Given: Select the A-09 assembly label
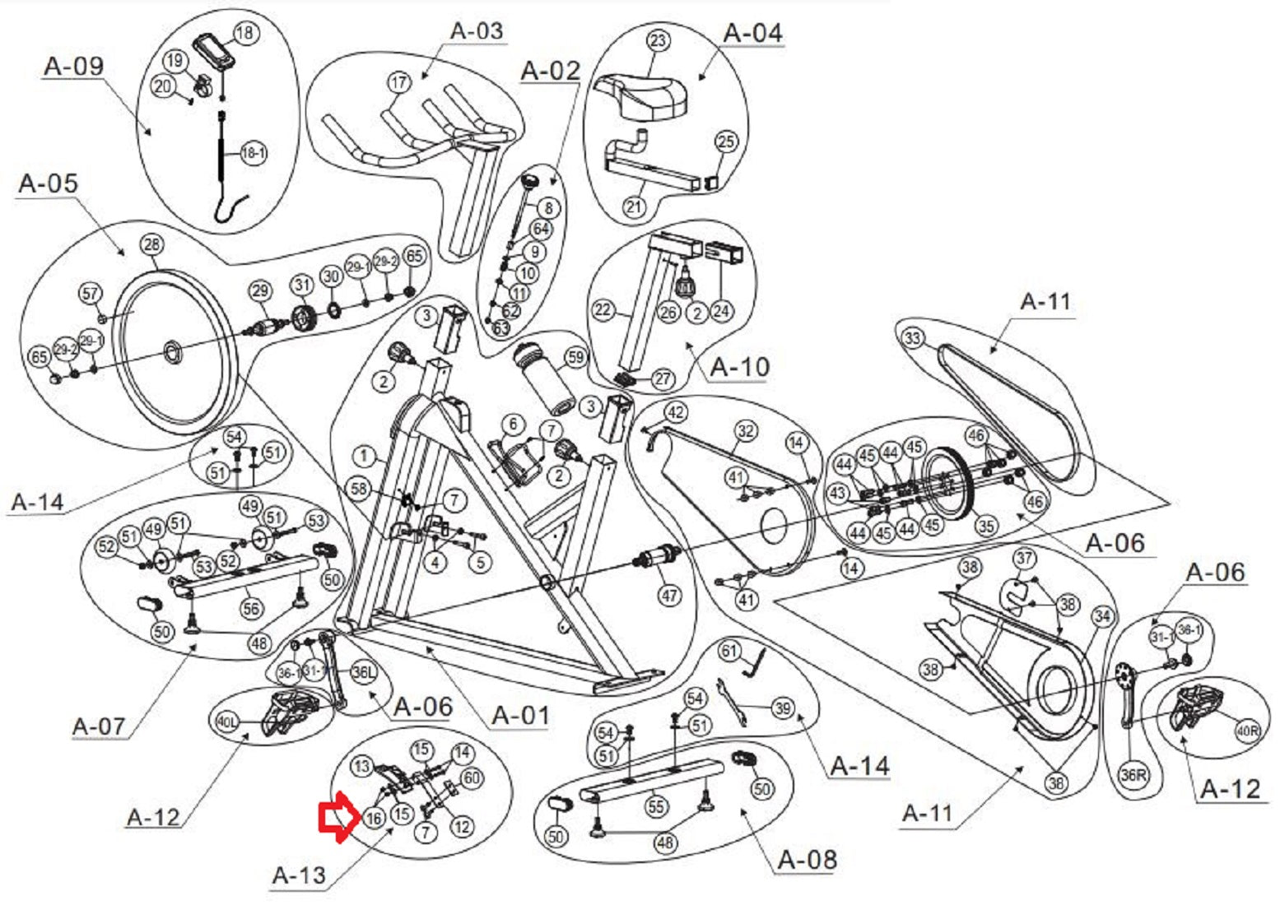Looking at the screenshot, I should point(73,66).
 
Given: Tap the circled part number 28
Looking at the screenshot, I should point(151,244).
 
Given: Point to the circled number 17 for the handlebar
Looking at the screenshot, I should point(399,83).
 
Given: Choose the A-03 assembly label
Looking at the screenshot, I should point(477,31).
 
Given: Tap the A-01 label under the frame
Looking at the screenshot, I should point(519,715).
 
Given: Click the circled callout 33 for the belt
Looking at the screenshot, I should point(912,338).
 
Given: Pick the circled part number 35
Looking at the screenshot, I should point(985,526).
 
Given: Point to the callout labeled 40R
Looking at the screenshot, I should point(1248,731).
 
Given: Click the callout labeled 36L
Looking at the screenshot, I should point(363,672).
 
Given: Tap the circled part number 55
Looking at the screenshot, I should point(656,806).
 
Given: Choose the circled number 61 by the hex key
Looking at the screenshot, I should point(729,652).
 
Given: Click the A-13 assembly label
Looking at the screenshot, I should point(299,875).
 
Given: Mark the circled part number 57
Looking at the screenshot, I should point(91,294).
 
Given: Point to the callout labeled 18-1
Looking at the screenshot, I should point(254,153).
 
